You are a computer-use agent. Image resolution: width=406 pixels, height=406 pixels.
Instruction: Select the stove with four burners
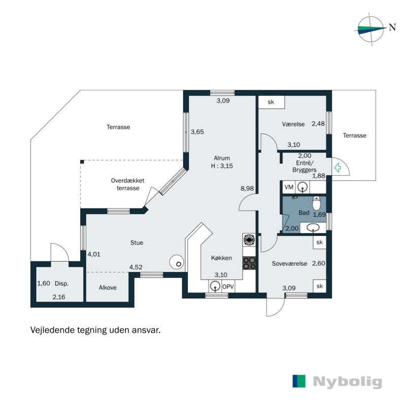[x=249, y=263]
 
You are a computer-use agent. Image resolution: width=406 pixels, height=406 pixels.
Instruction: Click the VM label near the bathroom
[x=289, y=188]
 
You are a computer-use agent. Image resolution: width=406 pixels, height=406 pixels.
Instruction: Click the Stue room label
[x=137, y=243]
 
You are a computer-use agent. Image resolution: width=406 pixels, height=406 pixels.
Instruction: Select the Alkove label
[x=107, y=287]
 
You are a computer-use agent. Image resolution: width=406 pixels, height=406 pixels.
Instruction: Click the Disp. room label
[x=62, y=284]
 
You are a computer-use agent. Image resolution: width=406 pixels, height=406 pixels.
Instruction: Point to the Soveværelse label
[x=289, y=263]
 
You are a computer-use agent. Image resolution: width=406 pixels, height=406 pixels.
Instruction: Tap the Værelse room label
[x=293, y=124]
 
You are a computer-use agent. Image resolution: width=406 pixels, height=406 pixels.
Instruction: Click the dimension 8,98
[x=247, y=188]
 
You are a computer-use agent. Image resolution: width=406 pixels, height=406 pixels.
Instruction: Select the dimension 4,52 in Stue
[x=136, y=267]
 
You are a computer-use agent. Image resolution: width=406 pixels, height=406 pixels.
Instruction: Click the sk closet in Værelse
[x=271, y=102]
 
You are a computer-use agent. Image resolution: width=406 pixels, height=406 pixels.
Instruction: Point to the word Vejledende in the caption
[x=53, y=330]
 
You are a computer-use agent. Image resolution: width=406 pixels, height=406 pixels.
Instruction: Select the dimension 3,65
[x=197, y=132]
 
